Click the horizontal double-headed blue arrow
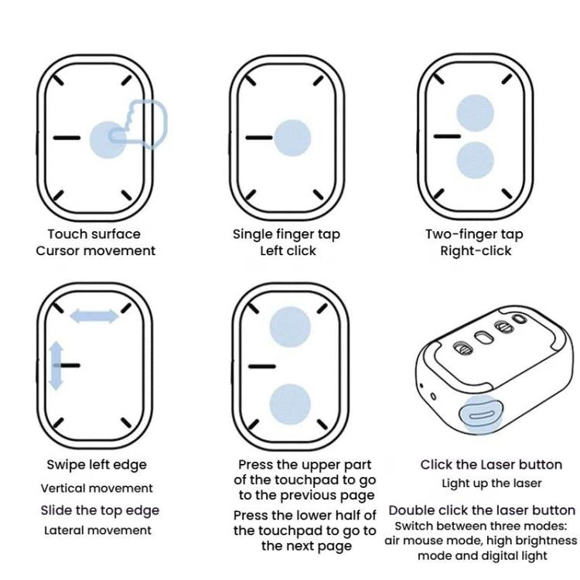(94, 316)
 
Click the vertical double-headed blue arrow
(56, 366)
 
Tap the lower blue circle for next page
(290, 404)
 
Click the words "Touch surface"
(94, 234)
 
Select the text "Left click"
(288, 251)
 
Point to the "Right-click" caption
(476, 251)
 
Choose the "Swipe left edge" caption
(97, 465)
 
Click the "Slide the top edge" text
(100, 510)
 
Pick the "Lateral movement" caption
(97, 531)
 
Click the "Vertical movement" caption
(97, 488)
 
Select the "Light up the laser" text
(491, 484)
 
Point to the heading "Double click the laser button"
(482, 510)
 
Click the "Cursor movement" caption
(95, 251)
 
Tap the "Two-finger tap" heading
(474, 234)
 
